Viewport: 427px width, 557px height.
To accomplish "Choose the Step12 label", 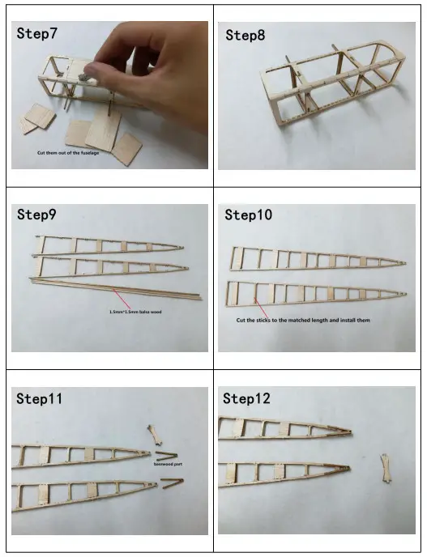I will tap(247, 398).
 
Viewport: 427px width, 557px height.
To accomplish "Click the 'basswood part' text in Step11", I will tap(165, 465).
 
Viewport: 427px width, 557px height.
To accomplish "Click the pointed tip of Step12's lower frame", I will tap(348, 467).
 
